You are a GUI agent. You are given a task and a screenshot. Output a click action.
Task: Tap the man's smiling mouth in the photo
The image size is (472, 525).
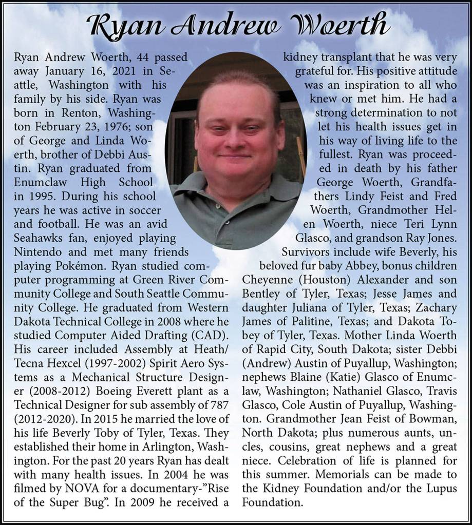pos(235,155)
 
